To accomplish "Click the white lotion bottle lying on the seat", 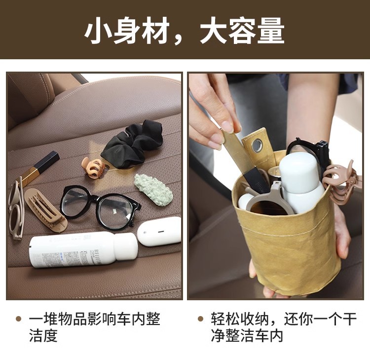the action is click(x=82, y=249).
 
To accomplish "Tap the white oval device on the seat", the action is click(x=159, y=232).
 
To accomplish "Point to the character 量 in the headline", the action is click(x=271, y=31).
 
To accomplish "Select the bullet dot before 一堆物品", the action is click(x=18, y=319).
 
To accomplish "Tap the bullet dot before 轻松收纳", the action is click(x=200, y=319).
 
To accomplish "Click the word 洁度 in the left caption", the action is click(x=43, y=335).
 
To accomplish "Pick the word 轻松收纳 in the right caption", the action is click(x=240, y=319).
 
